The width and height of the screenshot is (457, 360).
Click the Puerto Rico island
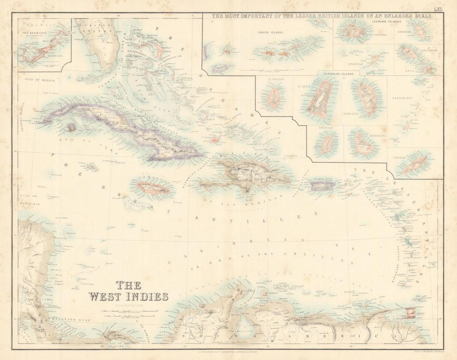(322, 186)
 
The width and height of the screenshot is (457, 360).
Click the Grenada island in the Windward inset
(327, 144)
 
